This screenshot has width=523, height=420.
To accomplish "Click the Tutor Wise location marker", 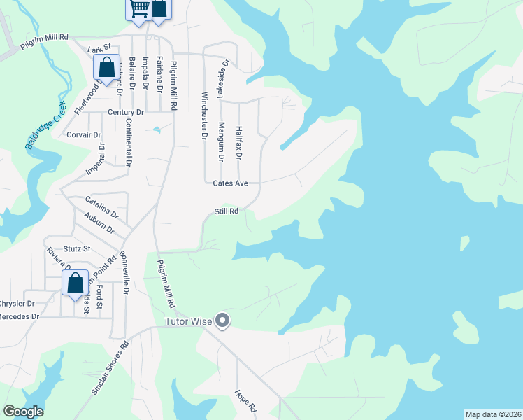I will click(223, 321).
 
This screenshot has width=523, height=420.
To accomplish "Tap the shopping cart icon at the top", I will click(139, 9).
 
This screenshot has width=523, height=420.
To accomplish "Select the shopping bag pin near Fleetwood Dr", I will click(107, 69).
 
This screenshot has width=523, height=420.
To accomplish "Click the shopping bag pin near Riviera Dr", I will click(75, 283).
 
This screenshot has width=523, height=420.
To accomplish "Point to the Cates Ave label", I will click(231, 183).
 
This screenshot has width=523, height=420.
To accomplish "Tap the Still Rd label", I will click(227, 211).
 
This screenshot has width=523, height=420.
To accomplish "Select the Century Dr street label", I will click(126, 112).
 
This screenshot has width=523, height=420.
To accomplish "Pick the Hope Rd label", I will click(246, 400).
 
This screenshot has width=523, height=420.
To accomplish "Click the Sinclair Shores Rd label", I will click(111, 367).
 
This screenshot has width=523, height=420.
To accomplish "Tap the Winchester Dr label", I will click(205, 115).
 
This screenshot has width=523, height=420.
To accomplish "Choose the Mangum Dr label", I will click(221, 142).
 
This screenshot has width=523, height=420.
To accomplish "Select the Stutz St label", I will click(78, 248).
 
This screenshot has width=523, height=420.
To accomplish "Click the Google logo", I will click(23, 412).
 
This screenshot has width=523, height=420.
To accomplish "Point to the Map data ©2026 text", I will click(493, 414).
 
